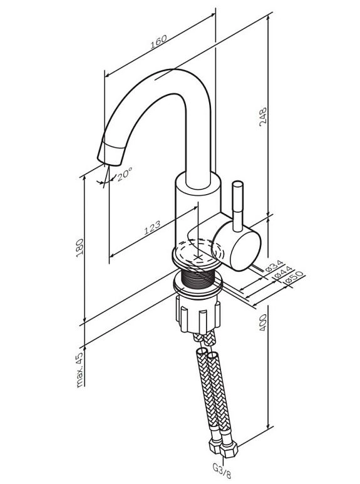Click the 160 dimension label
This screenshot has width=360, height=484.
(x=158, y=43)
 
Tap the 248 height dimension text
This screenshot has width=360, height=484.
(x=263, y=117)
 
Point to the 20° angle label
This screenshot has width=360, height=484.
(x=125, y=174)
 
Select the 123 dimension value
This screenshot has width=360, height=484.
(x=152, y=227)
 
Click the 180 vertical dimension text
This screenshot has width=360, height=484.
(x=80, y=247)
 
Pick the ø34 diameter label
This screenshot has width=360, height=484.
(x=274, y=265)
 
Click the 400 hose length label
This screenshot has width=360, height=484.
(x=263, y=322)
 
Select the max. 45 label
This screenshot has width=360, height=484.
(x=80, y=370)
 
